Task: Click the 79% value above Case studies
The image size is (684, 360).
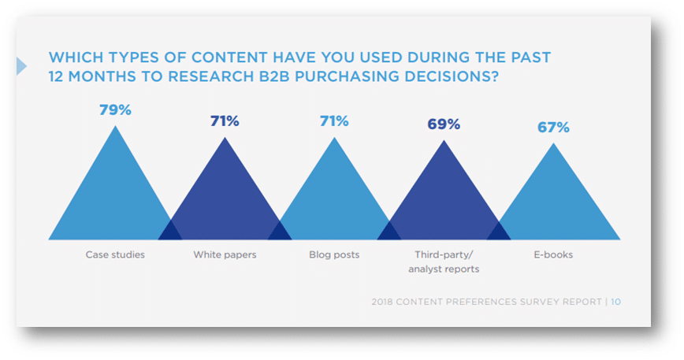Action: pos(115,109)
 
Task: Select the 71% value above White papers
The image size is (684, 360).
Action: pos(225,121)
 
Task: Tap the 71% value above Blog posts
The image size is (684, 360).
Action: pos(334,121)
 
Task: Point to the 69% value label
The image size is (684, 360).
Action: pos(443,124)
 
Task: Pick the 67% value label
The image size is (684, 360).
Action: pos(553,128)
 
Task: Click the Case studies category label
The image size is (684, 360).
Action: pos(115,255)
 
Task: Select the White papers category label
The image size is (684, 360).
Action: pos(225,255)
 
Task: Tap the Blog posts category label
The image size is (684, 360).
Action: pos(334,255)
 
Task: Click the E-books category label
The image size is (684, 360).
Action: pos(552,255)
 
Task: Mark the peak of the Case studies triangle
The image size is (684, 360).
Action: pos(116,128)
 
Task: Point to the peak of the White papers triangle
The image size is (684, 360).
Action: pos(225,139)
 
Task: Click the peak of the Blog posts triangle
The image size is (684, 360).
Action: pos(334,139)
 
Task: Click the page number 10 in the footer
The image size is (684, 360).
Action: pos(615,302)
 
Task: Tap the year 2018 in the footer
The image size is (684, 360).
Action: pos(384,302)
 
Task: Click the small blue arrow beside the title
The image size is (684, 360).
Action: pos(21,67)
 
